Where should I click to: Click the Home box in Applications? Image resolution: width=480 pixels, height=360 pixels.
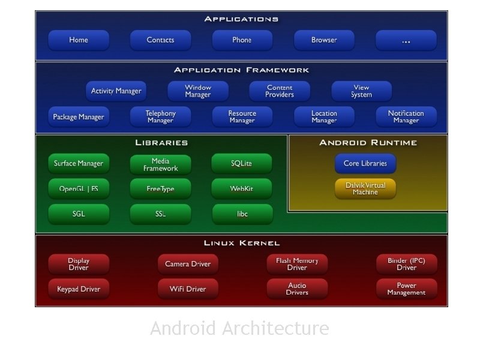pos(79,40)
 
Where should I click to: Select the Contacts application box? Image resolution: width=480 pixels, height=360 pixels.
pos(160,40)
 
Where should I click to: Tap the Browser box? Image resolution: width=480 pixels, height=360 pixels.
pos(324,40)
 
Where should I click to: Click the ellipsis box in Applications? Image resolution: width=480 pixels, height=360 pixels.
pos(406,40)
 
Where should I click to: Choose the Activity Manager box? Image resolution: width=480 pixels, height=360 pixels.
pos(116,91)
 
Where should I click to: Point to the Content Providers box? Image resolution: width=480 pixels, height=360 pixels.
pos(280,91)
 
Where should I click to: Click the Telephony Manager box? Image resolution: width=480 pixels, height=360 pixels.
pos(160,117)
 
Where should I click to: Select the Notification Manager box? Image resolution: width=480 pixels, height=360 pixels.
pos(406,117)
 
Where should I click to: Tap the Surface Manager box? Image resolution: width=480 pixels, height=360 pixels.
pos(79,164)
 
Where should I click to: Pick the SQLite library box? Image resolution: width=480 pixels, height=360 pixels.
pos(241,164)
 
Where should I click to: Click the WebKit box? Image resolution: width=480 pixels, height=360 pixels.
pos(241,189)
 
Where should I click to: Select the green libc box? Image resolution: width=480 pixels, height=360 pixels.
pos(242,214)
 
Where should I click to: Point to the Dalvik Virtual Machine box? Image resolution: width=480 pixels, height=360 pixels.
pos(365,189)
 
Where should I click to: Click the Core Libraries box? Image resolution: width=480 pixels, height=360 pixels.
pos(365,164)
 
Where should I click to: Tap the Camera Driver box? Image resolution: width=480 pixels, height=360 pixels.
pos(188,264)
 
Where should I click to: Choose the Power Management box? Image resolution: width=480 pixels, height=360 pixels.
pos(406,289)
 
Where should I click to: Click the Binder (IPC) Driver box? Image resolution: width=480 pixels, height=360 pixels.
pos(406,264)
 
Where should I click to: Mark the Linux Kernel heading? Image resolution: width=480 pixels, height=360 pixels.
pos(241,243)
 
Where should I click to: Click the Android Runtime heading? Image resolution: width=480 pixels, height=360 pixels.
pos(368,143)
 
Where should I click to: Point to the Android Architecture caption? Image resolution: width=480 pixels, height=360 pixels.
pos(239,329)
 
